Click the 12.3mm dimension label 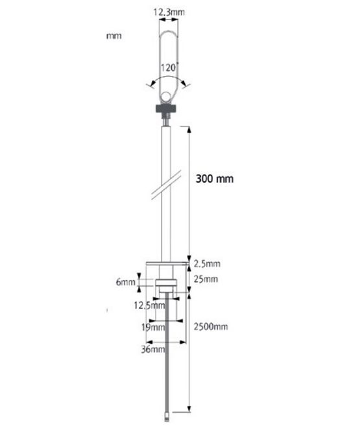pyautogui.click(x=169, y=12)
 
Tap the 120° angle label pyautogui.click(x=169, y=67)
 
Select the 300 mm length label pyautogui.click(x=215, y=179)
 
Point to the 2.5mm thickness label pyautogui.click(x=207, y=264)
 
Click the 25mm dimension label pyautogui.click(x=206, y=279)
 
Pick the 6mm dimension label pyautogui.click(x=126, y=281)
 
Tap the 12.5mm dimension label pyautogui.click(x=149, y=305)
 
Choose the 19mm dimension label pyautogui.click(x=153, y=327)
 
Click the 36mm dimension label pyautogui.click(x=153, y=349)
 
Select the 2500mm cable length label pyautogui.click(x=211, y=327)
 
